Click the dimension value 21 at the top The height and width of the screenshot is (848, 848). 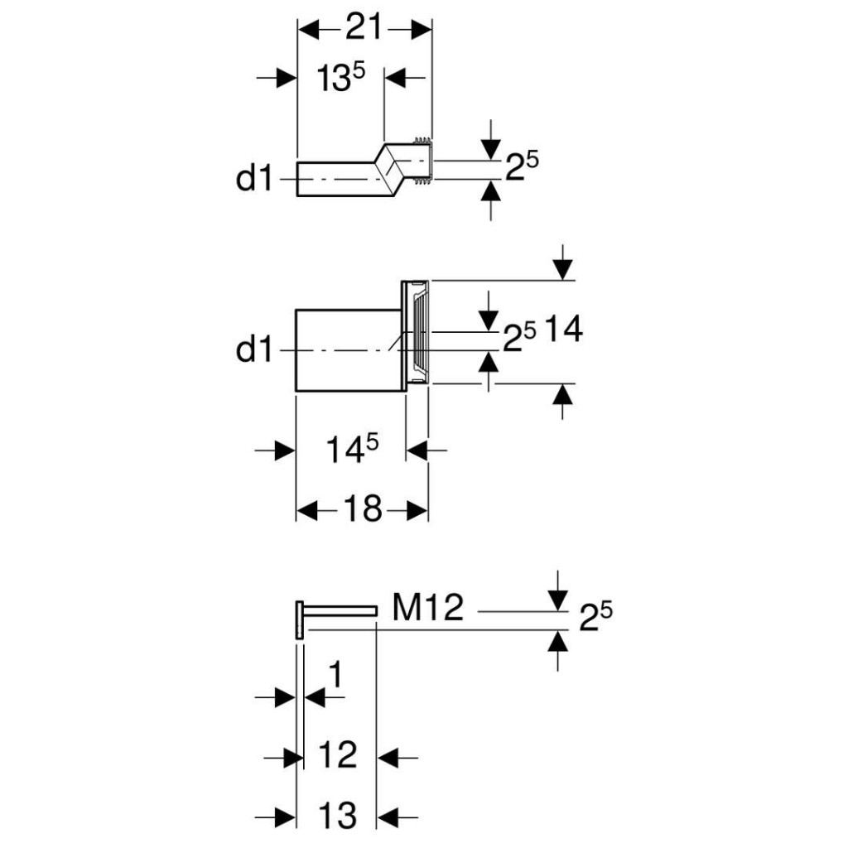pyautogui.click(x=364, y=29)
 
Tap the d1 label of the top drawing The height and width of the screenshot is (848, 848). pyautogui.click(x=254, y=178)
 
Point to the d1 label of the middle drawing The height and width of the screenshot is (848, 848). pyautogui.click(x=254, y=350)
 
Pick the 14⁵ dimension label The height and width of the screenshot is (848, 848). pyautogui.click(x=349, y=451)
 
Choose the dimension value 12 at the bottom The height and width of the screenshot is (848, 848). pyautogui.click(x=338, y=755)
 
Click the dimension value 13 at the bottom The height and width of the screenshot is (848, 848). pyautogui.click(x=337, y=816)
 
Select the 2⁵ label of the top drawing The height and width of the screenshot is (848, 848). pyautogui.click(x=522, y=170)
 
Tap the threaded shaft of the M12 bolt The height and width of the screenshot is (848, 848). pyautogui.click(x=340, y=610)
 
